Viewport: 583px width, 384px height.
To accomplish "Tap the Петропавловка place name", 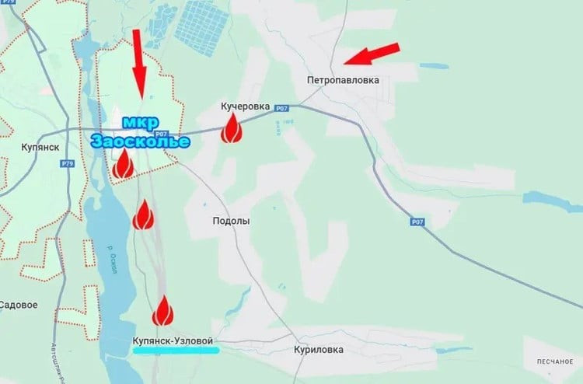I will (x=343, y=80).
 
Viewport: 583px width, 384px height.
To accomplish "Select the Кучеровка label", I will (x=245, y=106).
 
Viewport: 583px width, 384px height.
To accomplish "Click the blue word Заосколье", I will (x=140, y=141).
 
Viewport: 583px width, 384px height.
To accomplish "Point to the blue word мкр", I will (x=140, y=123).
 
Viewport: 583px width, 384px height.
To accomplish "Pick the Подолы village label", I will (x=232, y=221).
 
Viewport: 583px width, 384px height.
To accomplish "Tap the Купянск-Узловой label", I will (x=173, y=340).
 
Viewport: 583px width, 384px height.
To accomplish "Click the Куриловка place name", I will (x=319, y=350).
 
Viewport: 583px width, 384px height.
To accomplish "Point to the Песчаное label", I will (x=553, y=362).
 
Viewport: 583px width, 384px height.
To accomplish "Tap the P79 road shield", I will (x=68, y=163).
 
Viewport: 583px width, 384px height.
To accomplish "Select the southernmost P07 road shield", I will (x=417, y=222).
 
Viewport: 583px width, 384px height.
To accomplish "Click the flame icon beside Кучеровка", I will (x=231, y=129).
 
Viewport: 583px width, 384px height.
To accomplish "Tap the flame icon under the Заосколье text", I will (x=122, y=164).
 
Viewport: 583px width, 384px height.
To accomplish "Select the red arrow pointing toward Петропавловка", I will (x=372, y=53).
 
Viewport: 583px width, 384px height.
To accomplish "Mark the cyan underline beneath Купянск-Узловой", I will (x=176, y=351).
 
